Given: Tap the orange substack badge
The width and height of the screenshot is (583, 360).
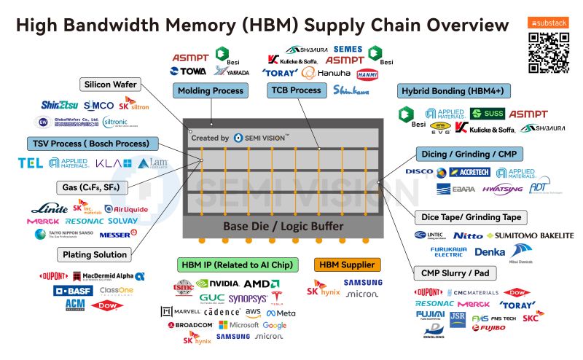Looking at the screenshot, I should point(548,23).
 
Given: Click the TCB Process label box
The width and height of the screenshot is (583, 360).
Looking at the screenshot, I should point(296,90).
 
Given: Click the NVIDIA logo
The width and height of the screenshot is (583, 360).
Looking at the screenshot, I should point(217,283).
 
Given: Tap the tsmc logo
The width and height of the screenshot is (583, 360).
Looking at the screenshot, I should point(182,286).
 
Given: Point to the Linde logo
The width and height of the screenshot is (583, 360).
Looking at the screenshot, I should point(50,208).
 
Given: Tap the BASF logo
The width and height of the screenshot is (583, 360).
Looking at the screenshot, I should point(69,290).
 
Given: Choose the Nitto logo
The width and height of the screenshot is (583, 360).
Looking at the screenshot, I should point(467,235).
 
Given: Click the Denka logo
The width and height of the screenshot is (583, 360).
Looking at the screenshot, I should point(489,251).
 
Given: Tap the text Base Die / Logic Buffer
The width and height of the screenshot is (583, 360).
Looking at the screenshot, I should point(283,226).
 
